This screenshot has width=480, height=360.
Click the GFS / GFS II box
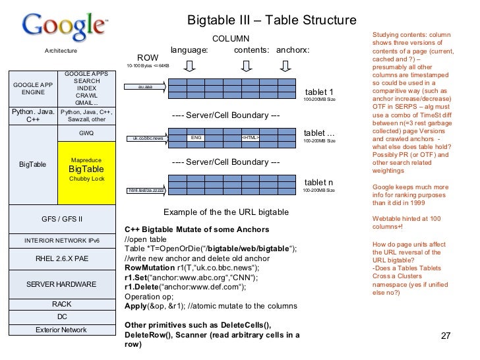point(61,218)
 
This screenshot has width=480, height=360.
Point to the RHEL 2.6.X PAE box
point(61,258)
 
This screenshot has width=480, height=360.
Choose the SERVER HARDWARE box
point(61,284)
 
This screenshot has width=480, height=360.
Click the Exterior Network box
point(61,329)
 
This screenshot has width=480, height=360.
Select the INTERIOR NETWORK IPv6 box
point(61,239)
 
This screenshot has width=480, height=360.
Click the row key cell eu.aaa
point(146,86)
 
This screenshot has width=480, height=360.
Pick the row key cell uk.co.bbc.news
point(148,138)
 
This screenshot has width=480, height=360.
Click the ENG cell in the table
point(196,138)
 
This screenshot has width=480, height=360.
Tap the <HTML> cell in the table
point(250,138)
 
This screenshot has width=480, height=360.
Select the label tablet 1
point(319,92)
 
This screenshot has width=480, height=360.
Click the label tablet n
point(319,182)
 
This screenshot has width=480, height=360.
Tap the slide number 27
point(444,335)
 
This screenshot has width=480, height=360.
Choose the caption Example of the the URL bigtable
point(225,212)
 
